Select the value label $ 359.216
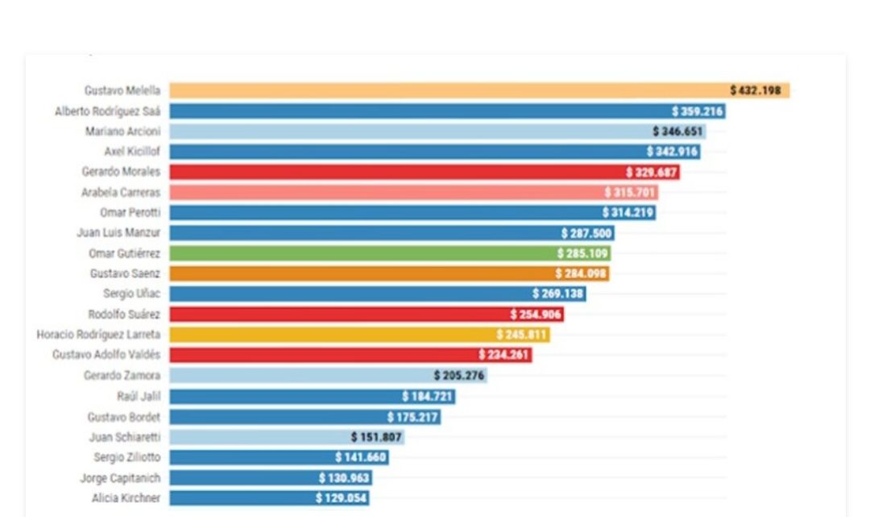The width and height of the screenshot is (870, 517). click(x=698, y=111)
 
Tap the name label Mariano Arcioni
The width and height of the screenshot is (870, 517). click(x=122, y=131)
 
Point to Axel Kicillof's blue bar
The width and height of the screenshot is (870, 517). click(x=403, y=152)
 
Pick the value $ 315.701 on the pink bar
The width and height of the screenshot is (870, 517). click(x=630, y=192)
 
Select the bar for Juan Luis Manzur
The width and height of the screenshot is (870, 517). click(x=362, y=233)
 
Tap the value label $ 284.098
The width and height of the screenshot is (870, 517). click(x=581, y=273)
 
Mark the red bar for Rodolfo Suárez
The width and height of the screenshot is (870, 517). click(x=338, y=314)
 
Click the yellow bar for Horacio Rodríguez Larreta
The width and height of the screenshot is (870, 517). click(x=330, y=334)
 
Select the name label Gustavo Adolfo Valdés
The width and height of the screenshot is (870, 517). click(x=106, y=354)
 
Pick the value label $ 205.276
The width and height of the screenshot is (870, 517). click(x=459, y=375)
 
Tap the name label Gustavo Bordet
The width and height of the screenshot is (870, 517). click(x=124, y=417)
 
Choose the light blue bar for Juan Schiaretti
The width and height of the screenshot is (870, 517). click(x=258, y=437)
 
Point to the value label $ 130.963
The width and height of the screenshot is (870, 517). click(x=344, y=478)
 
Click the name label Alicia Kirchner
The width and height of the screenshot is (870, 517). click(x=126, y=498)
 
